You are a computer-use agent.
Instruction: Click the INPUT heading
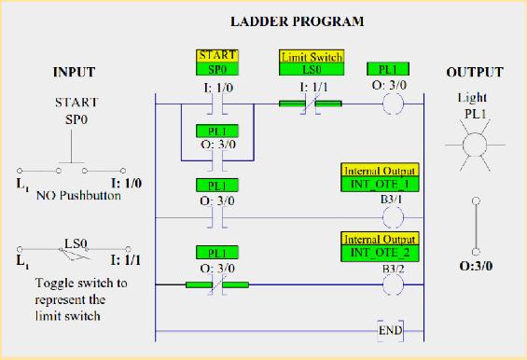pyautogui.click(x=74, y=73)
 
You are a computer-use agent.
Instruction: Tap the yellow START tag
pyautogui.click(x=217, y=56)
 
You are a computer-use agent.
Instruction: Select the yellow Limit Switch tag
pyautogui.click(x=311, y=57)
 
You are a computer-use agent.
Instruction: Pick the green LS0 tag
pyautogui.click(x=311, y=69)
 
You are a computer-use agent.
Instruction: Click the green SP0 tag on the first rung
pyautogui.click(x=217, y=69)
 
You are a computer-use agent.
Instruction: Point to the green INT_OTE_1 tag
pyautogui.click(x=380, y=184)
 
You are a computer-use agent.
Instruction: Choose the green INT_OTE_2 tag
pyautogui.click(x=380, y=252)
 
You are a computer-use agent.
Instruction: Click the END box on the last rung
pyautogui.click(x=394, y=331)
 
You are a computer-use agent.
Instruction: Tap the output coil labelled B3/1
pyautogui.click(x=394, y=215)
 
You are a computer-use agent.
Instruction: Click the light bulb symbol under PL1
pyautogui.click(x=477, y=146)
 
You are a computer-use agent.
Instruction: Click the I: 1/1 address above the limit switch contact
pyautogui.click(x=311, y=86)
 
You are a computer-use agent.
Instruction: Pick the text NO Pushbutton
pyautogui.click(x=78, y=198)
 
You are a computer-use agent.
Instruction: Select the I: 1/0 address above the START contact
pyautogui.click(x=217, y=86)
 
